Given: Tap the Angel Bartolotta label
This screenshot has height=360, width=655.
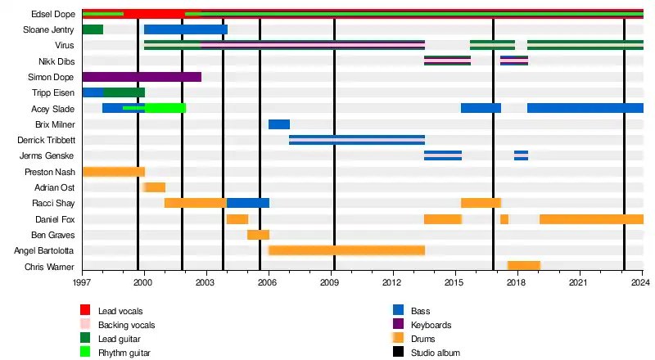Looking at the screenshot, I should pyautogui.click(x=45, y=250).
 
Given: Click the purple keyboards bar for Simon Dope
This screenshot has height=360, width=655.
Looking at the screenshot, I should pyautogui.click(x=142, y=77).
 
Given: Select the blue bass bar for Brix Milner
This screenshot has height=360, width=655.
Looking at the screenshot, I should pyautogui.click(x=279, y=124).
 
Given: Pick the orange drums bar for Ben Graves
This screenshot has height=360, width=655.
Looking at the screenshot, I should pyautogui.click(x=258, y=235).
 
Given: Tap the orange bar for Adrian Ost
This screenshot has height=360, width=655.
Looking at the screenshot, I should pyautogui.click(x=155, y=187).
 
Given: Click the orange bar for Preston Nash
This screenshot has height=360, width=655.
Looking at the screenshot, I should pyautogui.click(x=114, y=172).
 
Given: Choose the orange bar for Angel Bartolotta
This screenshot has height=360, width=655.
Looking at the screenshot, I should pyautogui.click(x=346, y=250).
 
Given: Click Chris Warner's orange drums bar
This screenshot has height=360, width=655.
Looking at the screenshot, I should pyautogui.click(x=524, y=266).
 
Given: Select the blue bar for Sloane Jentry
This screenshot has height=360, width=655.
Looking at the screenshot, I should pyautogui.click(x=186, y=29).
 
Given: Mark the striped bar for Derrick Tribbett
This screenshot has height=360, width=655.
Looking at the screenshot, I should pyautogui.click(x=357, y=140).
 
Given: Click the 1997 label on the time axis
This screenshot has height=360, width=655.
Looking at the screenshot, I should pyautogui.click(x=82, y=282).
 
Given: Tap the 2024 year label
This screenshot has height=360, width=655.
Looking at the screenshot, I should pyautogui.click(x=641, y=282).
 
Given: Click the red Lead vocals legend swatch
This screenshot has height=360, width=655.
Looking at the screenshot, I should pyautogui.click(x=85, y=310).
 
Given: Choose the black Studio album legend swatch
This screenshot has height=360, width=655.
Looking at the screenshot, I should pyautogui.click(x=399, y=353).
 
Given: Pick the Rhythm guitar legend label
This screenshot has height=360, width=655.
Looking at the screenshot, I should pyautogui.click(x=124, y=353).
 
